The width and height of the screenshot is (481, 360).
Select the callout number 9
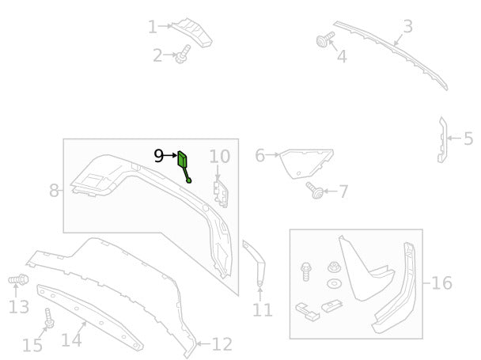(x=158, y=156)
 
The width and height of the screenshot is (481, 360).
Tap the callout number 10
(x=220, y=157)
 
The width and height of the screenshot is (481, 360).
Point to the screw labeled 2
(x=182, y=55)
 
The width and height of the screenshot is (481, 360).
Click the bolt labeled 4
(x=324, y=40)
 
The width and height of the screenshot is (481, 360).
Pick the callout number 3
(x=407, y=26)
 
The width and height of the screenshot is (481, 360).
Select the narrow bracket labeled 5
(x=441, y=139)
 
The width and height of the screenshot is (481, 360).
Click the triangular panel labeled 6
(x=305, y=163)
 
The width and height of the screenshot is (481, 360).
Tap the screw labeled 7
(x=315, y=190)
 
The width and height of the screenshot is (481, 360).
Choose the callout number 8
(x=54, y=191)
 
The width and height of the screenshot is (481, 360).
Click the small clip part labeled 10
(x=221, y=194)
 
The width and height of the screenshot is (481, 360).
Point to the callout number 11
(x=263, y=310)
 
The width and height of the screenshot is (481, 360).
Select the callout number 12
(x=222, y=344)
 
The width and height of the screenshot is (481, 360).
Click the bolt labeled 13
(x=18, y=279)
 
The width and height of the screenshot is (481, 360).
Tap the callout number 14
(x=71, y=340)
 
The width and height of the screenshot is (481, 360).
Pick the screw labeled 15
(x=49, y=318)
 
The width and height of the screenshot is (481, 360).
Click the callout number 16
(x=441, y=282)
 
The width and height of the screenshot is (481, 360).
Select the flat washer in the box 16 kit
(x=334, y=283)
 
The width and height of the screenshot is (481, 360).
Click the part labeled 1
(x=193, y=32)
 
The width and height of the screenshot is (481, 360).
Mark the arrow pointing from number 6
(x=272, y=155)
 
